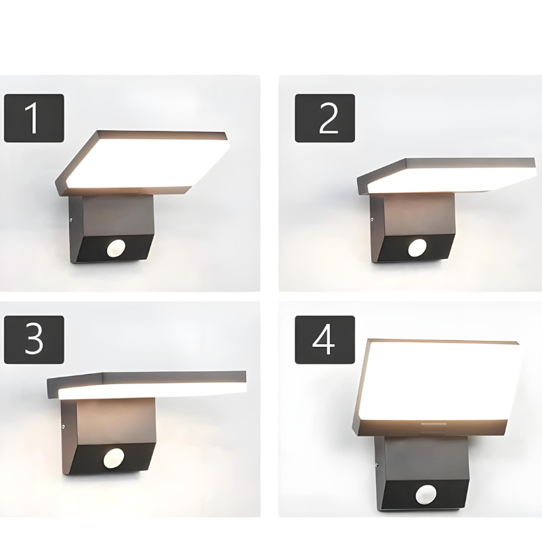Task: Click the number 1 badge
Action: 34,118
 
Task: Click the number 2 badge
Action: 325,118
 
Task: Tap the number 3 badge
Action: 34,339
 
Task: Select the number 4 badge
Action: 325,339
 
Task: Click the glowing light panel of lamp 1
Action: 146,163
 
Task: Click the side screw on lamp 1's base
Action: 71,219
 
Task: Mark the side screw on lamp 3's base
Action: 63,427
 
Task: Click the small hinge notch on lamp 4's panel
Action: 432,428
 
